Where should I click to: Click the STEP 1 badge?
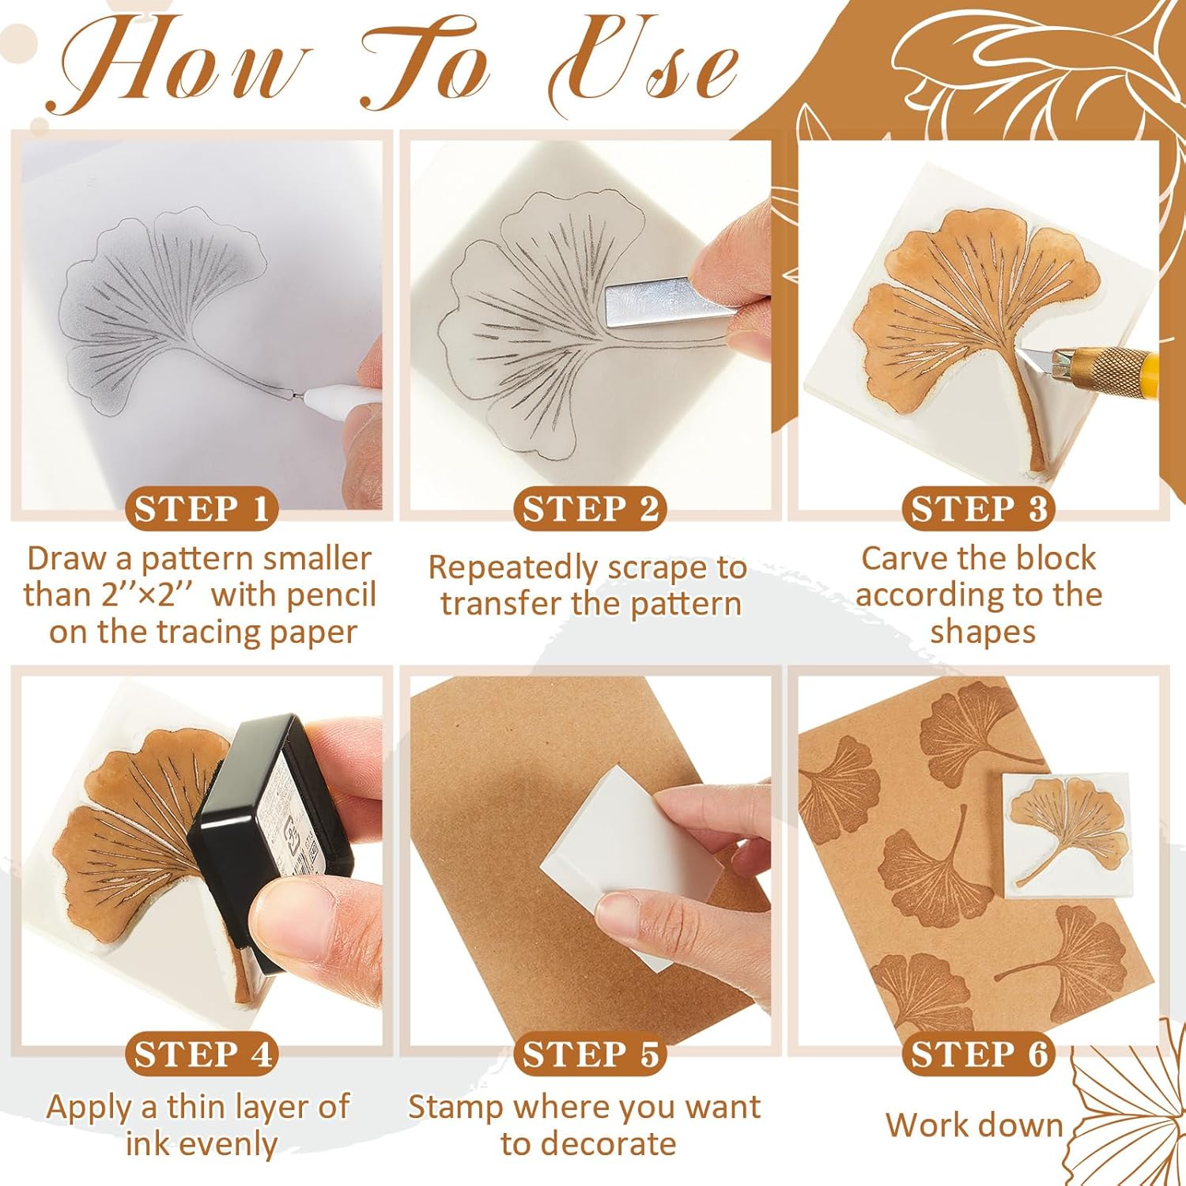[201, 509]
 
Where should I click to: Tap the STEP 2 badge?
[590, 509]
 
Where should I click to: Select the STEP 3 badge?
[979, 509]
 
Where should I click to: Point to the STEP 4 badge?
[201, 1055]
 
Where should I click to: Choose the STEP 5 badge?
[590, 1055]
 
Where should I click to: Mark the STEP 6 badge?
[979, 1055]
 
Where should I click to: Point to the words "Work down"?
[974, 1125]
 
